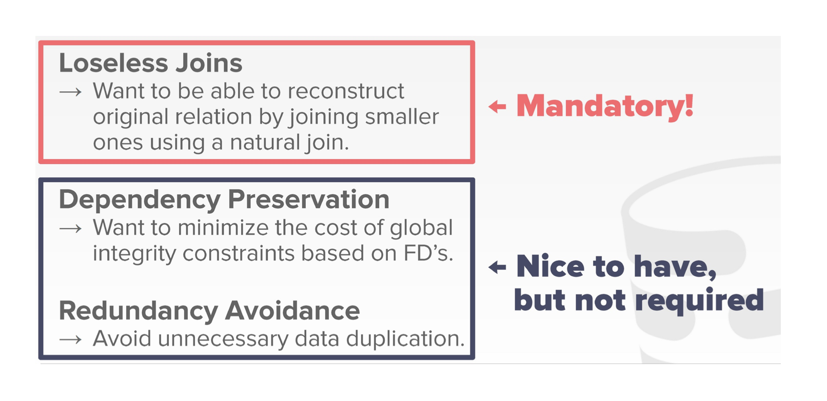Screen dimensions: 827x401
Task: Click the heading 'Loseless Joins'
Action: (x=151, y=63)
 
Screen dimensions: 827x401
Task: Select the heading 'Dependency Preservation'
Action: (x=224, y=200)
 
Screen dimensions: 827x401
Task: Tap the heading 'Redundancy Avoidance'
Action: (x=209, y=311)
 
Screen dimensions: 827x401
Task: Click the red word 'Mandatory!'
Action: (x=605, y=106)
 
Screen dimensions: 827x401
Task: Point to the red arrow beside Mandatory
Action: (x=497, y=107)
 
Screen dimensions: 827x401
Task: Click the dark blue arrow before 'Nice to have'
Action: (x=497, y=267)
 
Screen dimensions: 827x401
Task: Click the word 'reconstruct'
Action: (x=346, y=91)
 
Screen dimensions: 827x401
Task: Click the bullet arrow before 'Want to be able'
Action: (x=70, y=92)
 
